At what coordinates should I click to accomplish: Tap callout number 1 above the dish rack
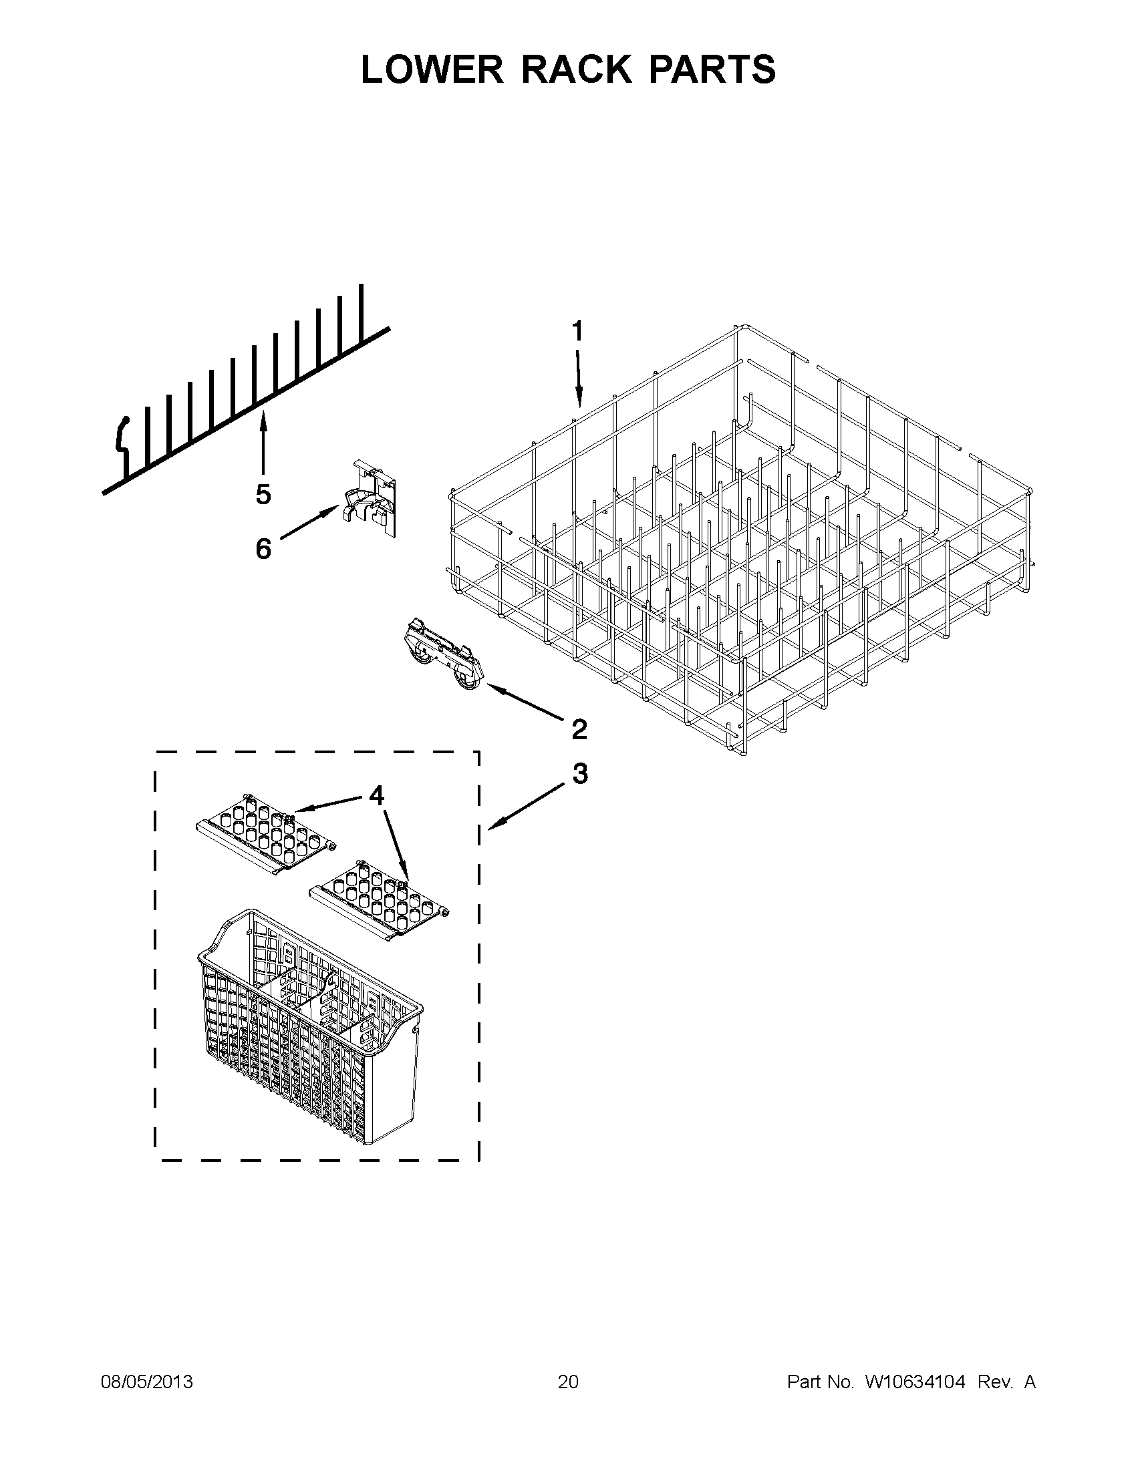tap(577, 331)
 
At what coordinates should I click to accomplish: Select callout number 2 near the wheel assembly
tap(579, 728)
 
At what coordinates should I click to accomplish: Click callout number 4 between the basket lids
tap(376, 796)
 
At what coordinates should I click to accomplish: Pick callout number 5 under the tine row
tap(263, 494)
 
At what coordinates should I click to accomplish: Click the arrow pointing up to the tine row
tap(263, 444)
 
